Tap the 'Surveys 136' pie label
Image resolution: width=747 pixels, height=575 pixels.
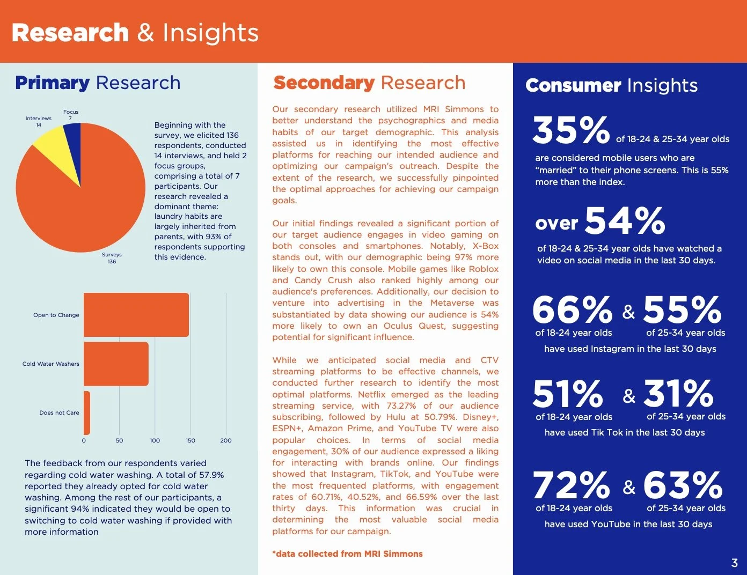(112, 258)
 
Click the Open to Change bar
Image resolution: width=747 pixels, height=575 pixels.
(136, 315)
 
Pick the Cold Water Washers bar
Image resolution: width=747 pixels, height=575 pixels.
(116, 364)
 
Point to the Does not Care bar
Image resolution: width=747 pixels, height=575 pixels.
(87, 412)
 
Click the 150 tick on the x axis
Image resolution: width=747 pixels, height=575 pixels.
(191, 440)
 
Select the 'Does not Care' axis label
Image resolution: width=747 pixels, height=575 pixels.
(59, 412)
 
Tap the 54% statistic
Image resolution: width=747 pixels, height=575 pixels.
(625, 221)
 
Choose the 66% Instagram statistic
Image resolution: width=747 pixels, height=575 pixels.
(572, 310)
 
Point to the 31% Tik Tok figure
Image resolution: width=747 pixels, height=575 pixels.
(678, 394)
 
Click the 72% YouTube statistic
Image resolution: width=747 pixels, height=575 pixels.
(572, 485)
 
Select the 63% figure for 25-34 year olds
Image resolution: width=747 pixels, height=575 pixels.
(683, 485)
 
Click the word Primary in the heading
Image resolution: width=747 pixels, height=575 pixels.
(52, 83)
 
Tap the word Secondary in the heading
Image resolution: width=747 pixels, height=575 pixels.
(324, 83)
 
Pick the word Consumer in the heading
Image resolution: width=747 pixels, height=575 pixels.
(573, 85)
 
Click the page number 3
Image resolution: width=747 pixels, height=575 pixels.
(734, 563)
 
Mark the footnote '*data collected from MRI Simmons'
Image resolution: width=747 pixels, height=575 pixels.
(347, 554)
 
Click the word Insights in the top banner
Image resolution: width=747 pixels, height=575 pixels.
(210, 33)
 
